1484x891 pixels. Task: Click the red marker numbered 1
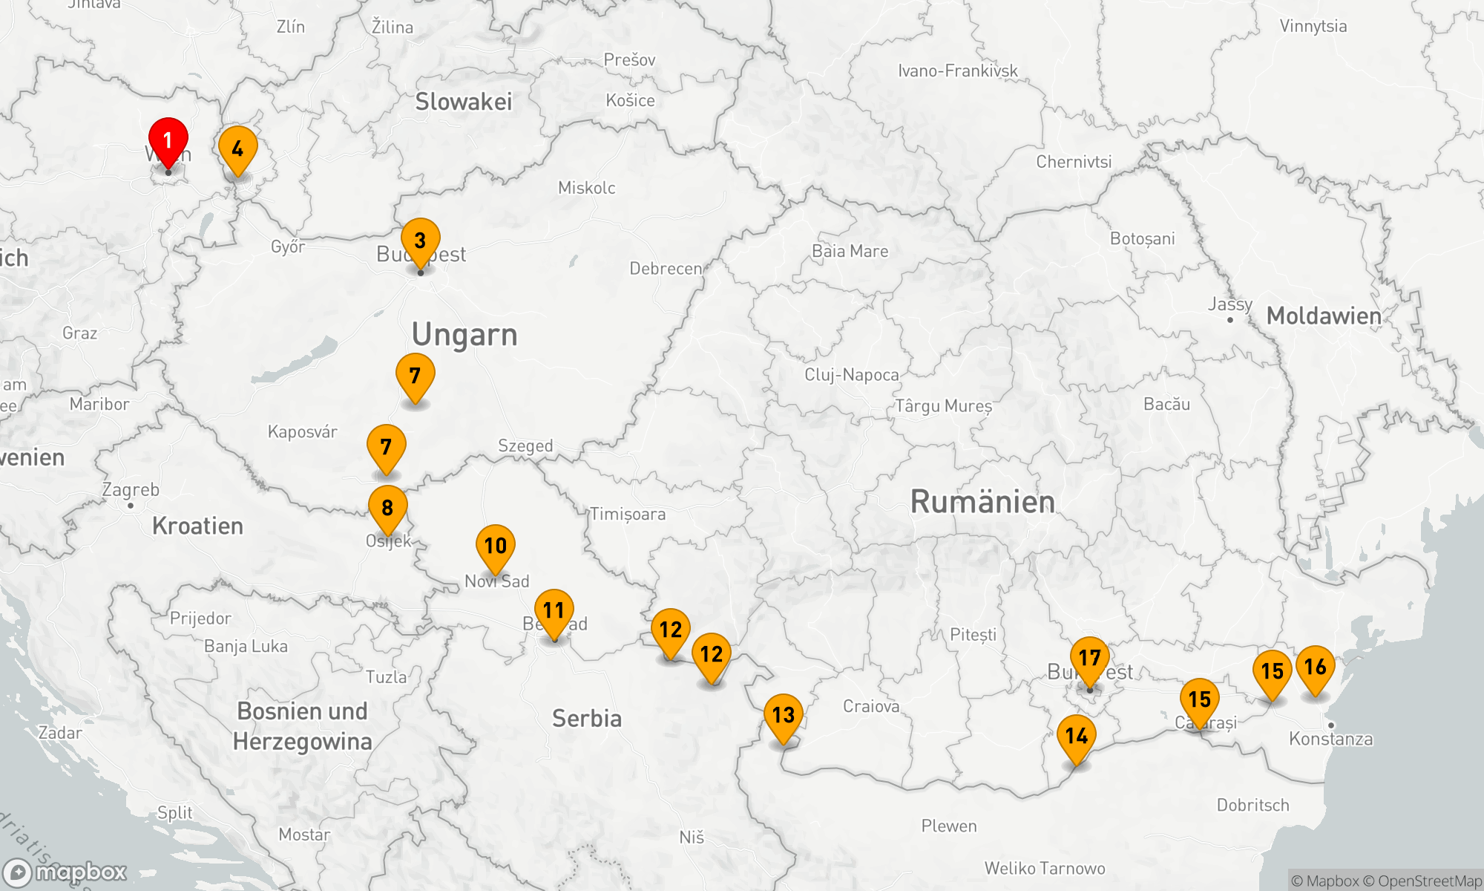(168, 140)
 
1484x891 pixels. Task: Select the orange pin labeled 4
(237, 148)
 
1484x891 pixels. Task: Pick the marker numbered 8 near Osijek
(387, 508)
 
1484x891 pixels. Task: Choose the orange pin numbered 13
(784, 715)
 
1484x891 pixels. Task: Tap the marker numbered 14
(1076, 736)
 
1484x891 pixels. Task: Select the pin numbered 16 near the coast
(1316, 667)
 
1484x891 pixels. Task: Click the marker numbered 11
(554, 610)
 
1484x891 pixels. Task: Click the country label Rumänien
(982, 502)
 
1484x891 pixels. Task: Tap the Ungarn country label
(464, 335)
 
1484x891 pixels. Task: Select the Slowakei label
(464, 102)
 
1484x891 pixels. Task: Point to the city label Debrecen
(666, 269)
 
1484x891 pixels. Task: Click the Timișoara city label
(628, 514)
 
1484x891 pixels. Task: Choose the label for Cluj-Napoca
(852, 375)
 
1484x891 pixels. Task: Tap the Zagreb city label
(131, 490)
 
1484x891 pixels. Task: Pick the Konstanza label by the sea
(1330, 739)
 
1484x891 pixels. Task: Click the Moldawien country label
(1324, 316)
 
